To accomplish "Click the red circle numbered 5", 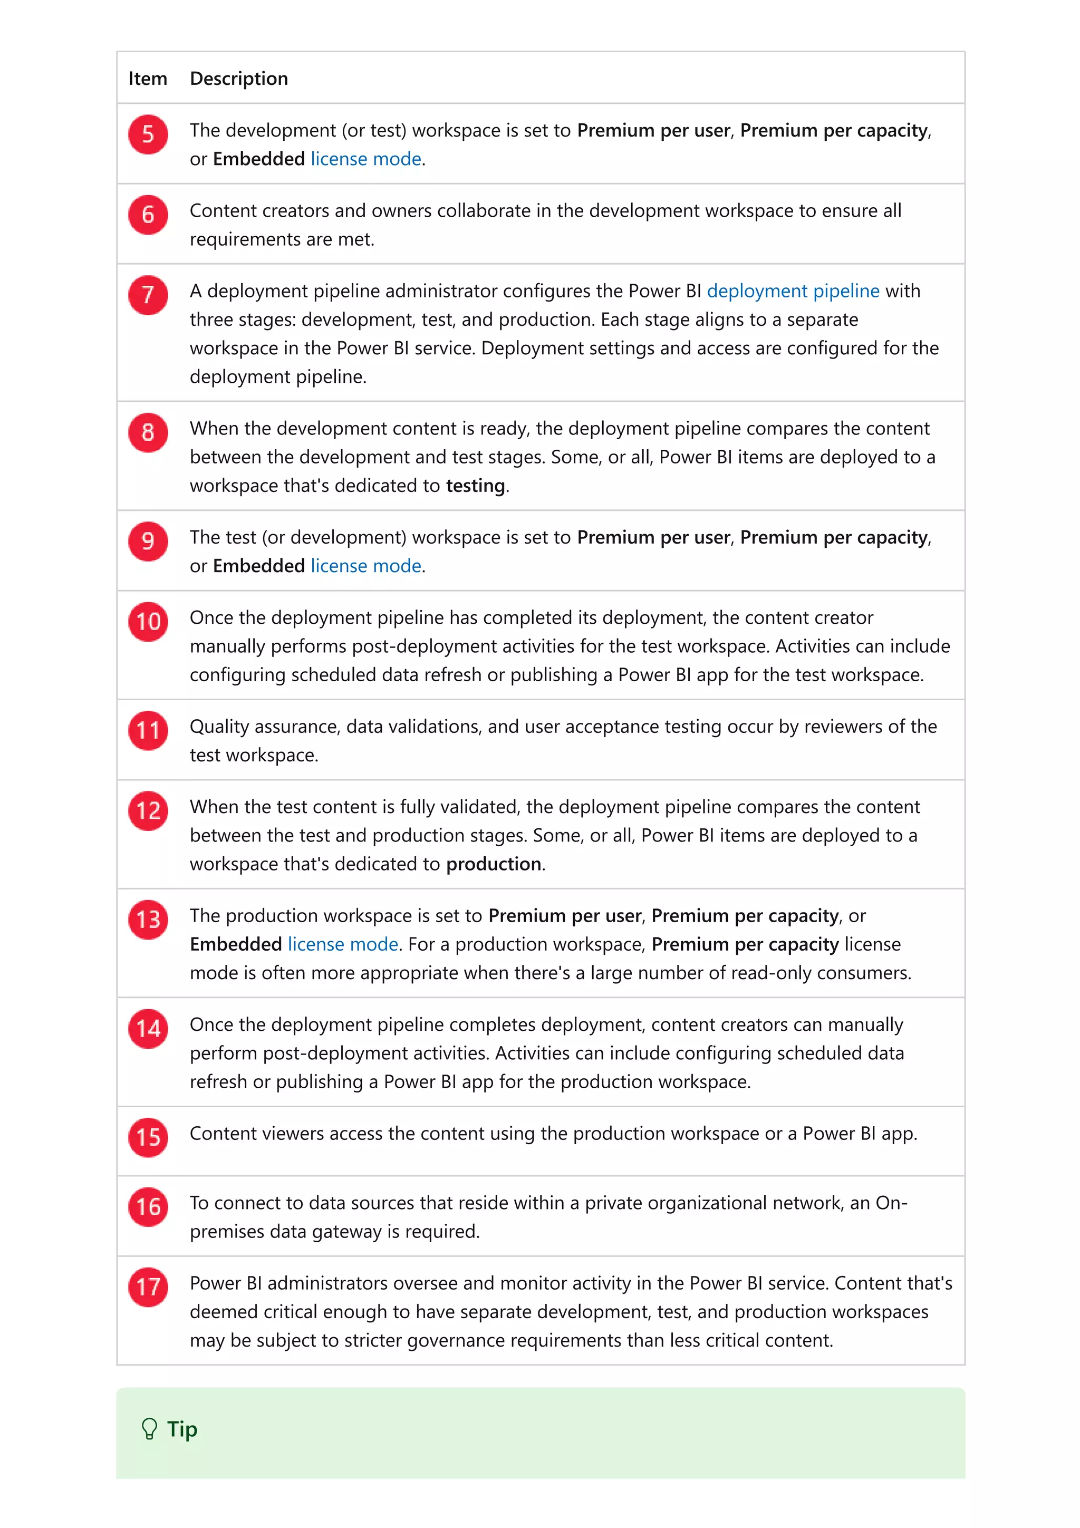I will click(x=148, y=134).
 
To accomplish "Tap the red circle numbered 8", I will click(x=148, y=432).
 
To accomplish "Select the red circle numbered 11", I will click(x=148, y=731).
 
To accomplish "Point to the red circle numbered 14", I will click(x=148, y=1029).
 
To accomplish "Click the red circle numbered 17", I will click(x=148, y=1287).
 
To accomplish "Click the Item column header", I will click(x=147, y=79).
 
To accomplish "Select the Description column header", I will click(x=239, y=79).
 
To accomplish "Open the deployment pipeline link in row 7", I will click(x=793, y=291).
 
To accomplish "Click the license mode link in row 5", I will click(x=366, y=159).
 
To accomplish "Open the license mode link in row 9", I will click(x=366, y=566).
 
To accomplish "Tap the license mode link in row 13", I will click(x=343, y=944).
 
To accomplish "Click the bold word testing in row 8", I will click(x=475, y=486).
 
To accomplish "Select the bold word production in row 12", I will click(x=493, y=864).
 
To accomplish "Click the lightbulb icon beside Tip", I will click(x=150, y=1429).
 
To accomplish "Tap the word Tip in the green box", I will click(x=182, y=1429).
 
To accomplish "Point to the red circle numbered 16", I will click(x=148, y=1206).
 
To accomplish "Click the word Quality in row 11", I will click(x=219, y=727).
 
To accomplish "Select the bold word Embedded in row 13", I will click(x=236, y=944).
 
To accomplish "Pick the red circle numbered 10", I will click(x=148, y=622).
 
